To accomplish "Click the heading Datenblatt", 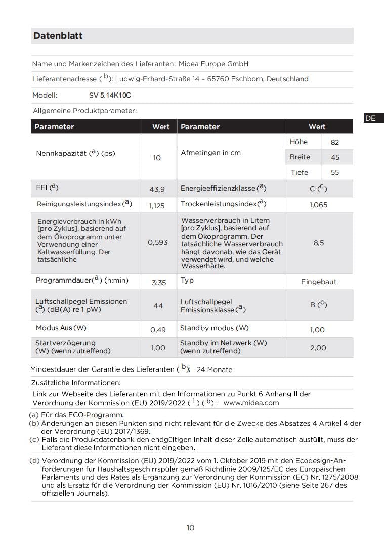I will pyautogui.click(x=58, y=36).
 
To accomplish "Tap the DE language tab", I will pyautogui.click(x=370, y=118).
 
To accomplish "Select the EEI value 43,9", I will pyautogui.click(x=157, y=189).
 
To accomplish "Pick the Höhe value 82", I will pyautogui.click(x=335, y=143).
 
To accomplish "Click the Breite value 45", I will pyautogui.click(x=335, y=157).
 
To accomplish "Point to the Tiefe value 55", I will pyautogui.click(x=335, y=172).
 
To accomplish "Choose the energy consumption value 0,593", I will pyautogui.click(x=158, y=242).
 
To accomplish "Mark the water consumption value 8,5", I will pyautogui.click(x=319, y=243).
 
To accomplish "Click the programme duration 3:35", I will pyautogui.click(x=159, y=283).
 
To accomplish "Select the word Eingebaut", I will pyautogui.click(x=319, y=282).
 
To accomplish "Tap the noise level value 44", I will pyautogui.click(x=158, y=305).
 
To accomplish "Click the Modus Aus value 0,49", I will pyautogui.click(x=158, y=330).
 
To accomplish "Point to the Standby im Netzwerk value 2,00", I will pyautogui.click(x=318, y=348).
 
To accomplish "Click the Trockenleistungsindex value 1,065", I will pyautogui.click(x=318, y=205).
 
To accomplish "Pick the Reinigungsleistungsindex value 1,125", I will pyautogui.click(x=157, y=206).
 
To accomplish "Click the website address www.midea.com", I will pyautogui.click(x=251, y=403).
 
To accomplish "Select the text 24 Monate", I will pyautogui.click(x=214, y=369).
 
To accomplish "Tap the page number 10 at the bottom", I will pyautogui.click(x=190, y=528).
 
